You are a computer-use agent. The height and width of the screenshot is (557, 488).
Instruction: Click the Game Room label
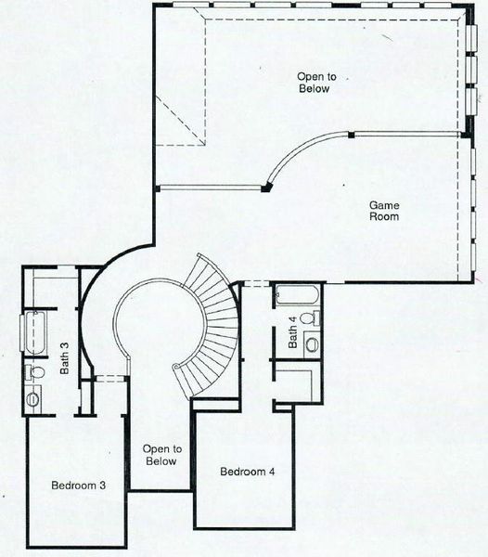tap(384, 211)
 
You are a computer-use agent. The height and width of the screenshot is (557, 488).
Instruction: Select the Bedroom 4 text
tap(247, 472)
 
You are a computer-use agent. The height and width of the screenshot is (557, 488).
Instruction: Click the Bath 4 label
tap(293, 331)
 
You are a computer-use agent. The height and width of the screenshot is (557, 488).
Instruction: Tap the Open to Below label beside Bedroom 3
tap(161, 455)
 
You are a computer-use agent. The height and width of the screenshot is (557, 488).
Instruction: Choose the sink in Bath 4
tap(312, 344)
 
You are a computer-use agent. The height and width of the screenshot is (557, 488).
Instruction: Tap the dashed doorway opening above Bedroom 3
tap(110, 377)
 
